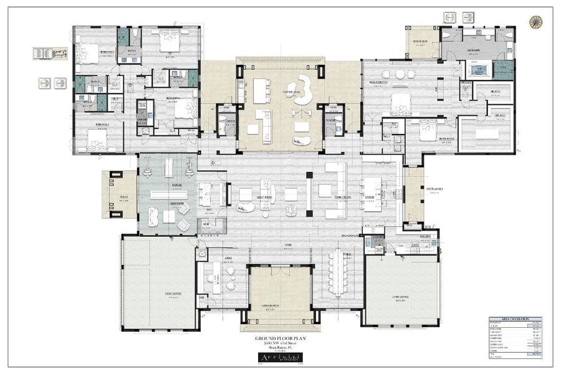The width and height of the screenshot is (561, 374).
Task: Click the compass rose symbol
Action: (535, 21)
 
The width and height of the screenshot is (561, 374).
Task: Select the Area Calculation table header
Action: (515, 319)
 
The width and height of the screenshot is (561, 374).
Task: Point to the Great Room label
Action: (250, 197)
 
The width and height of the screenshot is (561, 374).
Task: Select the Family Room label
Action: (343, 197)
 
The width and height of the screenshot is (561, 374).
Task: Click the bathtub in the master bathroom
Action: (478, 69)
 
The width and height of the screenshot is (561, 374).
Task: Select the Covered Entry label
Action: (279, 305)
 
